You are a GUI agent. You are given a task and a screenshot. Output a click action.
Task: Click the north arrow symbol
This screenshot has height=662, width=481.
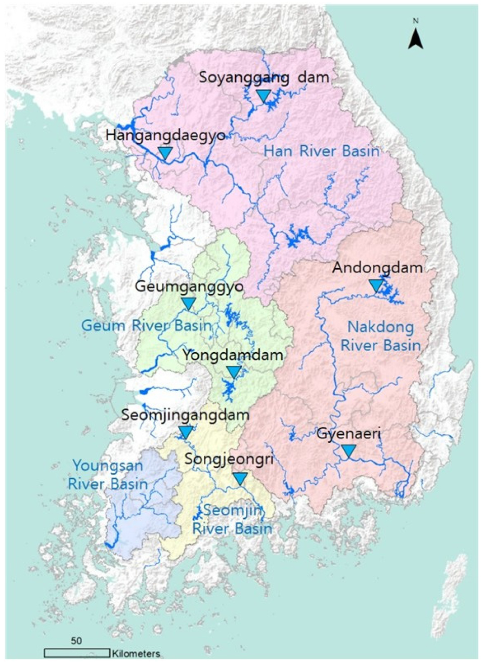pos(415,36)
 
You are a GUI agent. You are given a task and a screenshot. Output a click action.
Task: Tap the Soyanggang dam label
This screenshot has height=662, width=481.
pos(264,77)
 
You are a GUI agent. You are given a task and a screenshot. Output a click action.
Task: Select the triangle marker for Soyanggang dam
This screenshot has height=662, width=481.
pos(263,96)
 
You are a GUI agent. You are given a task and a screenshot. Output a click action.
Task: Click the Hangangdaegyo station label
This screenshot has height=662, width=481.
pos(165,135)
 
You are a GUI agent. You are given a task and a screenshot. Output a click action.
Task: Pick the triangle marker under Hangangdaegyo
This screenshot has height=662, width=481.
pos(165,152)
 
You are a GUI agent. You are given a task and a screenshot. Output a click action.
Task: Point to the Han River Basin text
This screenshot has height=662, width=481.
pos(322,150)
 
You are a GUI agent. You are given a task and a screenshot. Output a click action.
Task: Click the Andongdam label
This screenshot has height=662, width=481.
pos(377,268)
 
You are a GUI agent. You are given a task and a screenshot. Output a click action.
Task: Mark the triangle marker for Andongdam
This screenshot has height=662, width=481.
pos(376,285)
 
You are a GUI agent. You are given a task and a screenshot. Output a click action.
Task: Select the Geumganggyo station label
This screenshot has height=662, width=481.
pos(189,286)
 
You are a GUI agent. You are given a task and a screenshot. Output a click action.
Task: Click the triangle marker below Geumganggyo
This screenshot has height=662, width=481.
pos(188,304)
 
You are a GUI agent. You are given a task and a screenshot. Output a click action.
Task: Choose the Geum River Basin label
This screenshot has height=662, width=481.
pos(146,325)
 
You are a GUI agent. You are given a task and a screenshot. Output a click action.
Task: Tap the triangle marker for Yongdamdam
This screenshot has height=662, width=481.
pos(233,373)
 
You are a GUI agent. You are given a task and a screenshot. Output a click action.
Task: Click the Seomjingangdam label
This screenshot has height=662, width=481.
pos(186,415)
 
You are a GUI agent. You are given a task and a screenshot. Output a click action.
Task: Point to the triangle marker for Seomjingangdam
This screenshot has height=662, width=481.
pos(186,432)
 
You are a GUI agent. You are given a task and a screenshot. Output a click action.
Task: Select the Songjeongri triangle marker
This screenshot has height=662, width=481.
pos(240,478)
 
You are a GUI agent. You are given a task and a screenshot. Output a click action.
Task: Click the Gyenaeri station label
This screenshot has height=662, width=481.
pos(348,433)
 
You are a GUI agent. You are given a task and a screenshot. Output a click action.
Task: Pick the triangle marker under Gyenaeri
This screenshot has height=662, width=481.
pos(348,450)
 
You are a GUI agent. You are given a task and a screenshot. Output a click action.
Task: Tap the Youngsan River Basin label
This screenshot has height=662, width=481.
pos(108,474)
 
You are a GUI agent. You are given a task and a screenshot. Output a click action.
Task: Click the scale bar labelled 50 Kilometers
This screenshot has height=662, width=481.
pos(77,652)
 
